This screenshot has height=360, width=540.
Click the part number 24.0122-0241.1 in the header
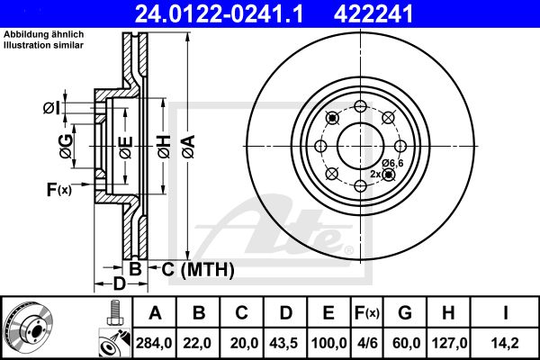coord(219,13)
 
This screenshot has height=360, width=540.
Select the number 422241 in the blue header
coord(373,13)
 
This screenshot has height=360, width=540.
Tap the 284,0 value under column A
coord(154,343)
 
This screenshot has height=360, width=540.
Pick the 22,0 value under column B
coord(197,343)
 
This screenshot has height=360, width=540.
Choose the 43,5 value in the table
coord(283,343)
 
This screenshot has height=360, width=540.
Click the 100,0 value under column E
coord(328,343)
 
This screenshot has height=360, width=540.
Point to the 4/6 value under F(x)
coord(366,343)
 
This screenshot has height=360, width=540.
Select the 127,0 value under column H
coord(449,343)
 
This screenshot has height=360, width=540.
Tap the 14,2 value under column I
coord(505,343)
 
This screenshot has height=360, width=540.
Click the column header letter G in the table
coord(405,313)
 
